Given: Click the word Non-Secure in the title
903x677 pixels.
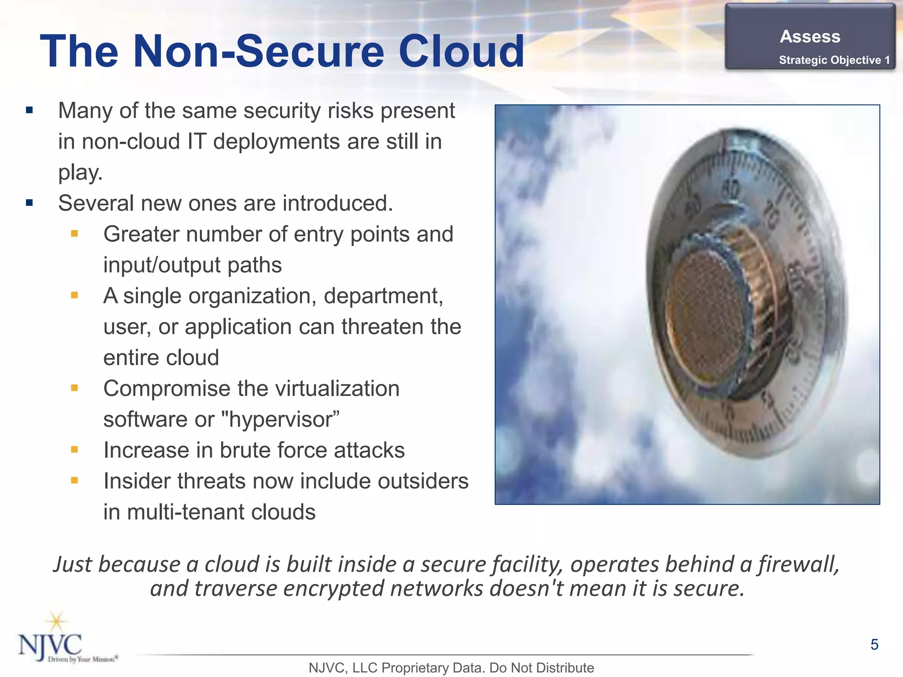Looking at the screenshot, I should (258, 52).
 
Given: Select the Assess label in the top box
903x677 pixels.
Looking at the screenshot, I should (810, 37).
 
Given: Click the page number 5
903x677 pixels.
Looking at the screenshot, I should (874, 645).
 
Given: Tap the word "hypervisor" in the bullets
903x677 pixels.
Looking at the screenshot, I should (280, 419).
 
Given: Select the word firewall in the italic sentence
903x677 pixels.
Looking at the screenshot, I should (798, 564).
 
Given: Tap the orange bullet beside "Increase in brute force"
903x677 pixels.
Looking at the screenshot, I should (75, 450).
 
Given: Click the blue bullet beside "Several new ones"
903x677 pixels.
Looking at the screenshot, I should (30, 203).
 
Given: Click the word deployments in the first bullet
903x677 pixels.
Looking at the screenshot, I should (276, 141).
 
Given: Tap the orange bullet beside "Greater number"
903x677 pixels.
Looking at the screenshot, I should (75, 234).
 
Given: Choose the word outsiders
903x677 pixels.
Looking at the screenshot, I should (423, 481).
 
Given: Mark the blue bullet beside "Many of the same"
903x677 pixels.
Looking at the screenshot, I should (30, 111).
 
